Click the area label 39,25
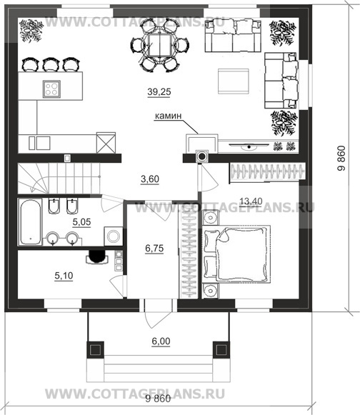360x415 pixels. pos(159,92)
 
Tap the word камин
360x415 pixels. pos(168,116)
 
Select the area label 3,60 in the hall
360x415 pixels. pos(150,179)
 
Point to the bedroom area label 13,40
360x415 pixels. pos(251,201)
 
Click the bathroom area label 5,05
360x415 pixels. pos(82,222)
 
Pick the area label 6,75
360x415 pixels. pos(154,249)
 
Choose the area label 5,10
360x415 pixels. pos(64,276)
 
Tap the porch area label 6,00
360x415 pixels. pos(161,341)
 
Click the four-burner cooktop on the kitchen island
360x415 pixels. pos(51,89)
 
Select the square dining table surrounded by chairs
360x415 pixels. pos(159,45)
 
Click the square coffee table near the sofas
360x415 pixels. pos(233,81)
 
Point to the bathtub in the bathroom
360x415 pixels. pos(30,222)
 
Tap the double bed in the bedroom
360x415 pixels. pos(236,254)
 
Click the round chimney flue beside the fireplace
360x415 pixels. pos(201,156)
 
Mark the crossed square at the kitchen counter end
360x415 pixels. pos(106,143)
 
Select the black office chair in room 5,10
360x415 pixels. pos(96,256)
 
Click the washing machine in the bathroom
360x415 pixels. pos(114,236)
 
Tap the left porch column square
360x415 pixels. pos(95,350)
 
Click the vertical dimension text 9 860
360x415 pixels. pos(341,159)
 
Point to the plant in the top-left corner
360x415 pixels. pos(31,30)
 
